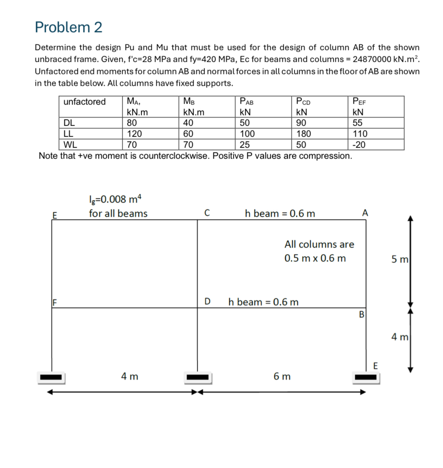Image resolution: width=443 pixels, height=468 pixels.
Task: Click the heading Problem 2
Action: tap(68, 27)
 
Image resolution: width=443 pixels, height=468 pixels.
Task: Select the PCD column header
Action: tap(303, 102)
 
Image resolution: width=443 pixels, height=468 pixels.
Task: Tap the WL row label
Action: tap(70, 144)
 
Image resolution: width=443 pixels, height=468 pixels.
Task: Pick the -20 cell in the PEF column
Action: tap(359, 144)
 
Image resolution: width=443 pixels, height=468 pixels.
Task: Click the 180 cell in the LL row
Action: tap(304, 134)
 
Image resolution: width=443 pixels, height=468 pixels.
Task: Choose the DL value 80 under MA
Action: tap(132, 123)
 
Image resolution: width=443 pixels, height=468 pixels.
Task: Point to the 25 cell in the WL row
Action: tap(244, 144)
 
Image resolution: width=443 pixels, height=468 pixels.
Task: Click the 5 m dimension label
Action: tap(400, 259)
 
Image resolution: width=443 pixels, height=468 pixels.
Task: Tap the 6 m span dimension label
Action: tap(282, 377)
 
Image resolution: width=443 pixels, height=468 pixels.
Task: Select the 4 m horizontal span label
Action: tap(130, 377)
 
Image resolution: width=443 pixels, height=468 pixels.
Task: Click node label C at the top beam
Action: tap(207, 213)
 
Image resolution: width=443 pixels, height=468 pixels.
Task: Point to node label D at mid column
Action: tap(207, 302)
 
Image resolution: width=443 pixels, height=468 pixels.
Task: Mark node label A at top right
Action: tap(365, 213)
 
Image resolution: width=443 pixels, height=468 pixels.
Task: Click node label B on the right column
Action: tap(362, 314)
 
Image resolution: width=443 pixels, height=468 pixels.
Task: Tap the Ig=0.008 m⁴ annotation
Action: tap(115, 199)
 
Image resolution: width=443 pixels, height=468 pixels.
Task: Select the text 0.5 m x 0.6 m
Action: tap(315, 259)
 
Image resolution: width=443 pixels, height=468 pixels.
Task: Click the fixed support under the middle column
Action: tap(198, 377)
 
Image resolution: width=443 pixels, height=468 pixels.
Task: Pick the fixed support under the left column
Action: tap(52, 377)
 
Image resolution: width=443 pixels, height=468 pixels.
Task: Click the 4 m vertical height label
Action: tap(400, 337)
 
